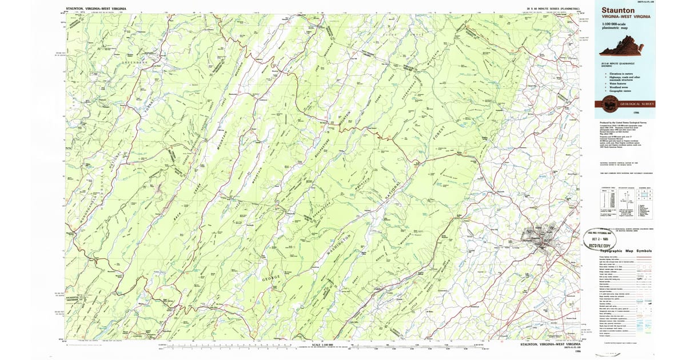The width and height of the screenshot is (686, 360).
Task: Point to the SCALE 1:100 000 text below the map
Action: (x=322, y=344)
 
